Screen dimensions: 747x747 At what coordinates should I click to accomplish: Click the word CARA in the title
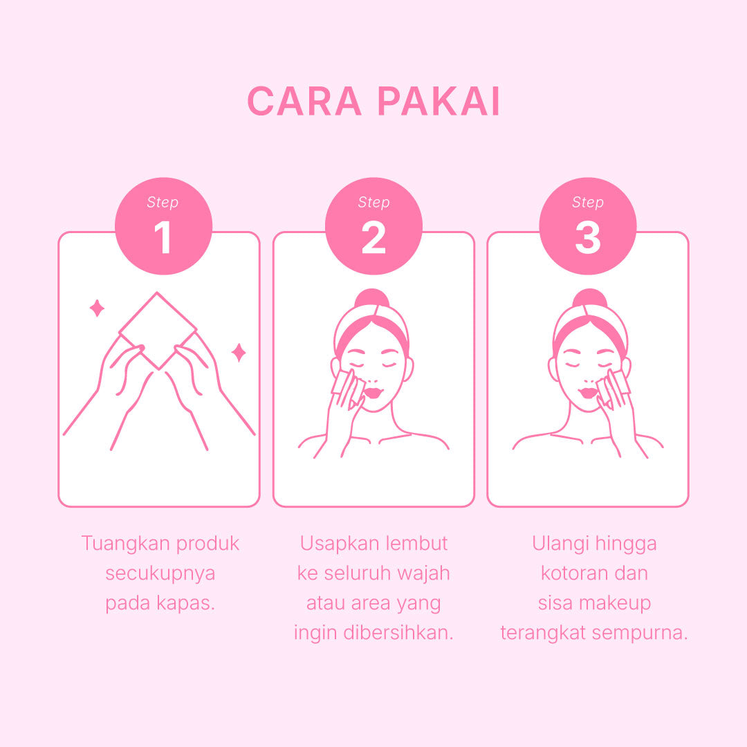click(x=304, y=101)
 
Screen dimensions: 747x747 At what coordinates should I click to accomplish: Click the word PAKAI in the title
click(x=439, y=101)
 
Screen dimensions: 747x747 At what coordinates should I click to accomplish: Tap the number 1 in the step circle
click(x=163, y=237)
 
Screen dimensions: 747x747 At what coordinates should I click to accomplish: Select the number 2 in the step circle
click(x=373, y=237)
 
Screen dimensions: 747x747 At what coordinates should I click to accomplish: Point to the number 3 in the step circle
click(x=587, y=237)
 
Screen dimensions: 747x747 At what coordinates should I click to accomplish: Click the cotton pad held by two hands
click(x=158, y=330)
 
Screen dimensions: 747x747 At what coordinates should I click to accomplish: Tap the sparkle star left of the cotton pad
click(x=98, y=308)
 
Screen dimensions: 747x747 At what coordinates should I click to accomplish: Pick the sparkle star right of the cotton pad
click(x=239, y=353)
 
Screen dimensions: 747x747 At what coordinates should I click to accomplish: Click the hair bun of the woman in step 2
click(x=372, y=299)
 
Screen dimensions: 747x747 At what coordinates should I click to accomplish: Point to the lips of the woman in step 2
click(x=373, y=393)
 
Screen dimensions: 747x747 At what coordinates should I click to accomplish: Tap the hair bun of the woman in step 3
click(x=590, y=299)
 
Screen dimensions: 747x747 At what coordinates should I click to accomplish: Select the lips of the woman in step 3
click(x=589, y=393)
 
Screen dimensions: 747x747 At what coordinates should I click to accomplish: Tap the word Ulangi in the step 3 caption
click(x=560, y=544)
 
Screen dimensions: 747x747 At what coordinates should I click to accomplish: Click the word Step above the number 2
click(x=373, y=203)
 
